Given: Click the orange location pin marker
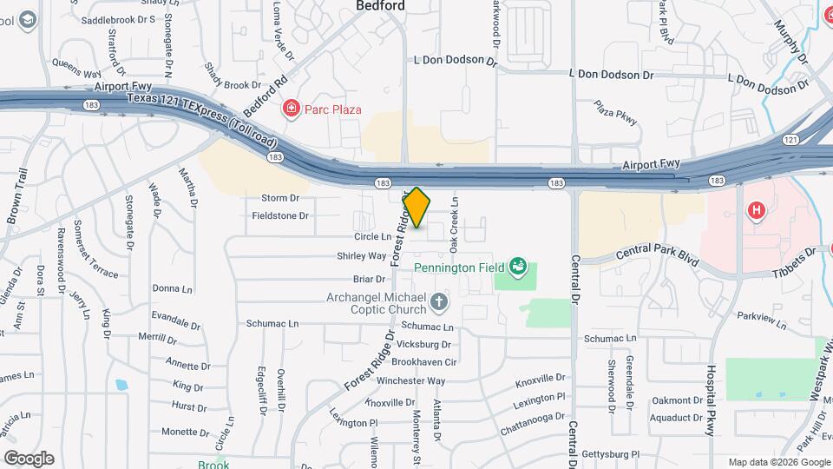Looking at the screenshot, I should tap(416, 208).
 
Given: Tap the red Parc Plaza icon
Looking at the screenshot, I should tap(292, 109).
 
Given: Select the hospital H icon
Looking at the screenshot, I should tap(756, 210).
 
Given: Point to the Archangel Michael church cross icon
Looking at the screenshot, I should tap(439, 303).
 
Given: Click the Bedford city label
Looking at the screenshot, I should tap(381, 6).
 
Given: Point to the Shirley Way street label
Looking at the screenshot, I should tap(362, 256).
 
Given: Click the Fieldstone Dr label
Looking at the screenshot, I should tap(280, 215).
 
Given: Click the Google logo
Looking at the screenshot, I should tap(29, 458).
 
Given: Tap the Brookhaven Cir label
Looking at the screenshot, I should tap(423, 361).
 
